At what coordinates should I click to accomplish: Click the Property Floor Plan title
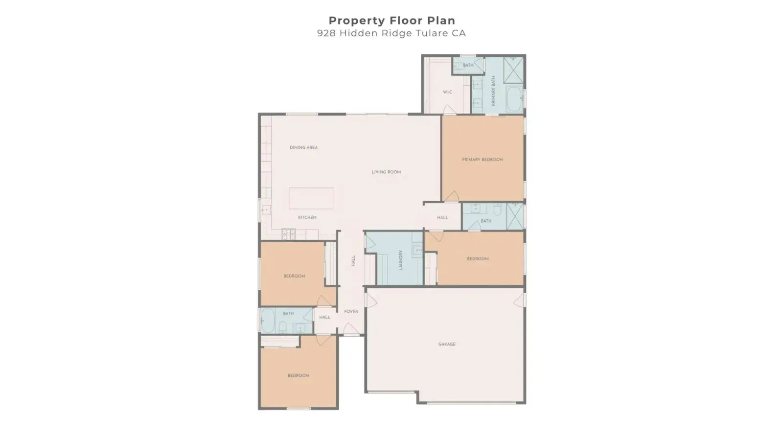392,21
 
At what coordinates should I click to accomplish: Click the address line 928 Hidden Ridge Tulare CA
391,33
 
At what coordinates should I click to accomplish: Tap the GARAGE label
447,344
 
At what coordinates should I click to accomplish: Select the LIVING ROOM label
386,172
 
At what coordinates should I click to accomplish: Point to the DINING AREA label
304,147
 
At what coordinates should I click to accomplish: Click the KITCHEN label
307,217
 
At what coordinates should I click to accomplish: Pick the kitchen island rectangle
311,198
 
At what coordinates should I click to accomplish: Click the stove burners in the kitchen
289,234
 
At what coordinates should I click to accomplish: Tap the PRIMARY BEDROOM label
483,160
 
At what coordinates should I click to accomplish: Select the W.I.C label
447,92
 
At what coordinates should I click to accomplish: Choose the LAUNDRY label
401,260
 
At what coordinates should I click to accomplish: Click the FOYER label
351,312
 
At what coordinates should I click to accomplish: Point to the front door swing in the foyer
350,328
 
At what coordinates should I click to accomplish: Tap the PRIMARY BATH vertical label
493,91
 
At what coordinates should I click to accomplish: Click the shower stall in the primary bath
513,70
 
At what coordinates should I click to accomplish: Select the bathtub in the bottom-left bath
268,321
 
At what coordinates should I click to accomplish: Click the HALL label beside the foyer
325,317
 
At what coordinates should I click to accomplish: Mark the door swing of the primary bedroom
452,196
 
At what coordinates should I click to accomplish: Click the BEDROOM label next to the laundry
478,259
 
